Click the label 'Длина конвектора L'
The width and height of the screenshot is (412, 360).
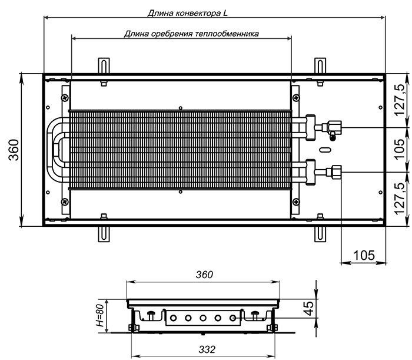188,13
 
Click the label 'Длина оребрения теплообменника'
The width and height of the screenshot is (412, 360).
191,34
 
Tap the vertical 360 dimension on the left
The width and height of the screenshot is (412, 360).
14,150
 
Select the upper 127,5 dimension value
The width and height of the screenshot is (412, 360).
401,100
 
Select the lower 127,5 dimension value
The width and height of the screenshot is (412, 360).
401,199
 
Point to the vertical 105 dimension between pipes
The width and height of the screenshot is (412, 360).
400,148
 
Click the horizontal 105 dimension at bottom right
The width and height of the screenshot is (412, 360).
364,255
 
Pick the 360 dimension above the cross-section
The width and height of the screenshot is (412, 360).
204,275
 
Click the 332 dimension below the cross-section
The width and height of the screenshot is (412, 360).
207,349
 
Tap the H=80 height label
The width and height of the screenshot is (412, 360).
100,316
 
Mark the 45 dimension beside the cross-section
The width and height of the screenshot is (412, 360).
309,308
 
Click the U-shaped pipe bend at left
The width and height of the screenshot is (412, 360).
50,150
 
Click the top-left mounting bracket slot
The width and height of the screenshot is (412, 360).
104,66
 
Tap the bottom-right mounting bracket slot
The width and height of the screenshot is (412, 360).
320,234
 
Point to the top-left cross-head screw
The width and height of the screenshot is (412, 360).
65,98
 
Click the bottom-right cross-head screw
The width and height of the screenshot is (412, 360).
296,202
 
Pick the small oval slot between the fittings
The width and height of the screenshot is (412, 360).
325,150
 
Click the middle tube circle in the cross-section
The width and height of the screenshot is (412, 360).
203,318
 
